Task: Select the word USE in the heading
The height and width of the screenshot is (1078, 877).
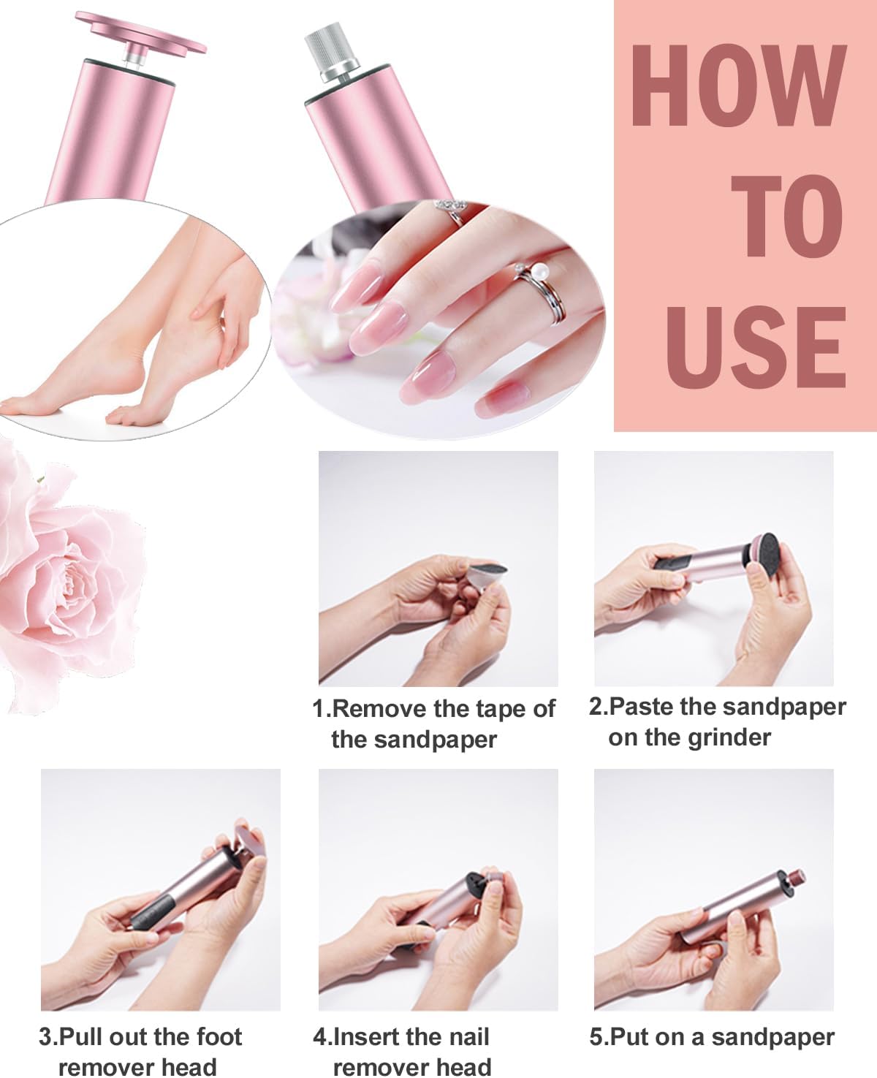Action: tap(754, 346)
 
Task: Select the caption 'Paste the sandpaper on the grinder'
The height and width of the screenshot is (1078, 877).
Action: tap(716, 721)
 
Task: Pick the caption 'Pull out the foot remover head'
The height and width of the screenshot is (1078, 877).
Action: tap(140, 1051)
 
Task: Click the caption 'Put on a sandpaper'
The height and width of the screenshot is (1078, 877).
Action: tap(712, 1037)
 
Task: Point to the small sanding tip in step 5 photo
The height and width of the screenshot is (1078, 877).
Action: tap(793, 878)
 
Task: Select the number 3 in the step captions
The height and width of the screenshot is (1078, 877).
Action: tap(45, 1037)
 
